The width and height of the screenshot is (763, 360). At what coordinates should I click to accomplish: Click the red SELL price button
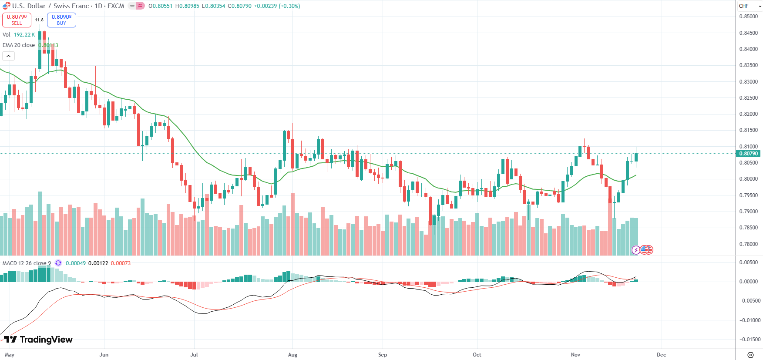tap(17, 20)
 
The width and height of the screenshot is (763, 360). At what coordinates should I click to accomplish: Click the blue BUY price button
tap(61, 20)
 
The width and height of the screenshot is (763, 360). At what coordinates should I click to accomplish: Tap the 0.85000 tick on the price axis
tap(748, 17)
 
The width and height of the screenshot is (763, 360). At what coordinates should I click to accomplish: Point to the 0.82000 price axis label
tap(748, 114)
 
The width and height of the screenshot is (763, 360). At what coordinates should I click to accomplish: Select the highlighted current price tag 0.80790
tap(748, 153)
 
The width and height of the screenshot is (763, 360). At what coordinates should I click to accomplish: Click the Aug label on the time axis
tap(292, 355)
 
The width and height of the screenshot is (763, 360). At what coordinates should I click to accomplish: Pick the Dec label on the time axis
tap(661, 355)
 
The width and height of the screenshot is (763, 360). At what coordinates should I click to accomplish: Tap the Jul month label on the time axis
tap(194, 355)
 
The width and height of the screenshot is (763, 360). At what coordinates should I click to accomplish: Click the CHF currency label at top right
tap(743, 6)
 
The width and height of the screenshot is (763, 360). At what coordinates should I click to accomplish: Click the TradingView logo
tap(38, 340)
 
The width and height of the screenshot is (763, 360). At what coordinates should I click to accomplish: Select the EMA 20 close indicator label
tap(19, 45)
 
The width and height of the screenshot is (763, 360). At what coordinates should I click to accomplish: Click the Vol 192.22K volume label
tap(18, 35)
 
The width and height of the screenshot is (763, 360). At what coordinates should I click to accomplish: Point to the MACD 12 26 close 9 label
tap(27, 263)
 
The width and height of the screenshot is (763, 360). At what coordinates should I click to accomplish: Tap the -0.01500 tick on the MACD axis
tap(748, 340)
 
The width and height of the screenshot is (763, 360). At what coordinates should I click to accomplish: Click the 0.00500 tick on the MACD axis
tap(748, 262)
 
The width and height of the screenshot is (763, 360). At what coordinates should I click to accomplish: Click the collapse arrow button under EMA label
tap(8, 56)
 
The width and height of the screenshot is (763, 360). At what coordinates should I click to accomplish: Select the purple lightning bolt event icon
tap(636, 250)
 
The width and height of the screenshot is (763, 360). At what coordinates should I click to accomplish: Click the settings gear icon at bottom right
tap(750, 355)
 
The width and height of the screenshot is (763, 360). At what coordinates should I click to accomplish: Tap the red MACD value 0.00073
tap(121, 263)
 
